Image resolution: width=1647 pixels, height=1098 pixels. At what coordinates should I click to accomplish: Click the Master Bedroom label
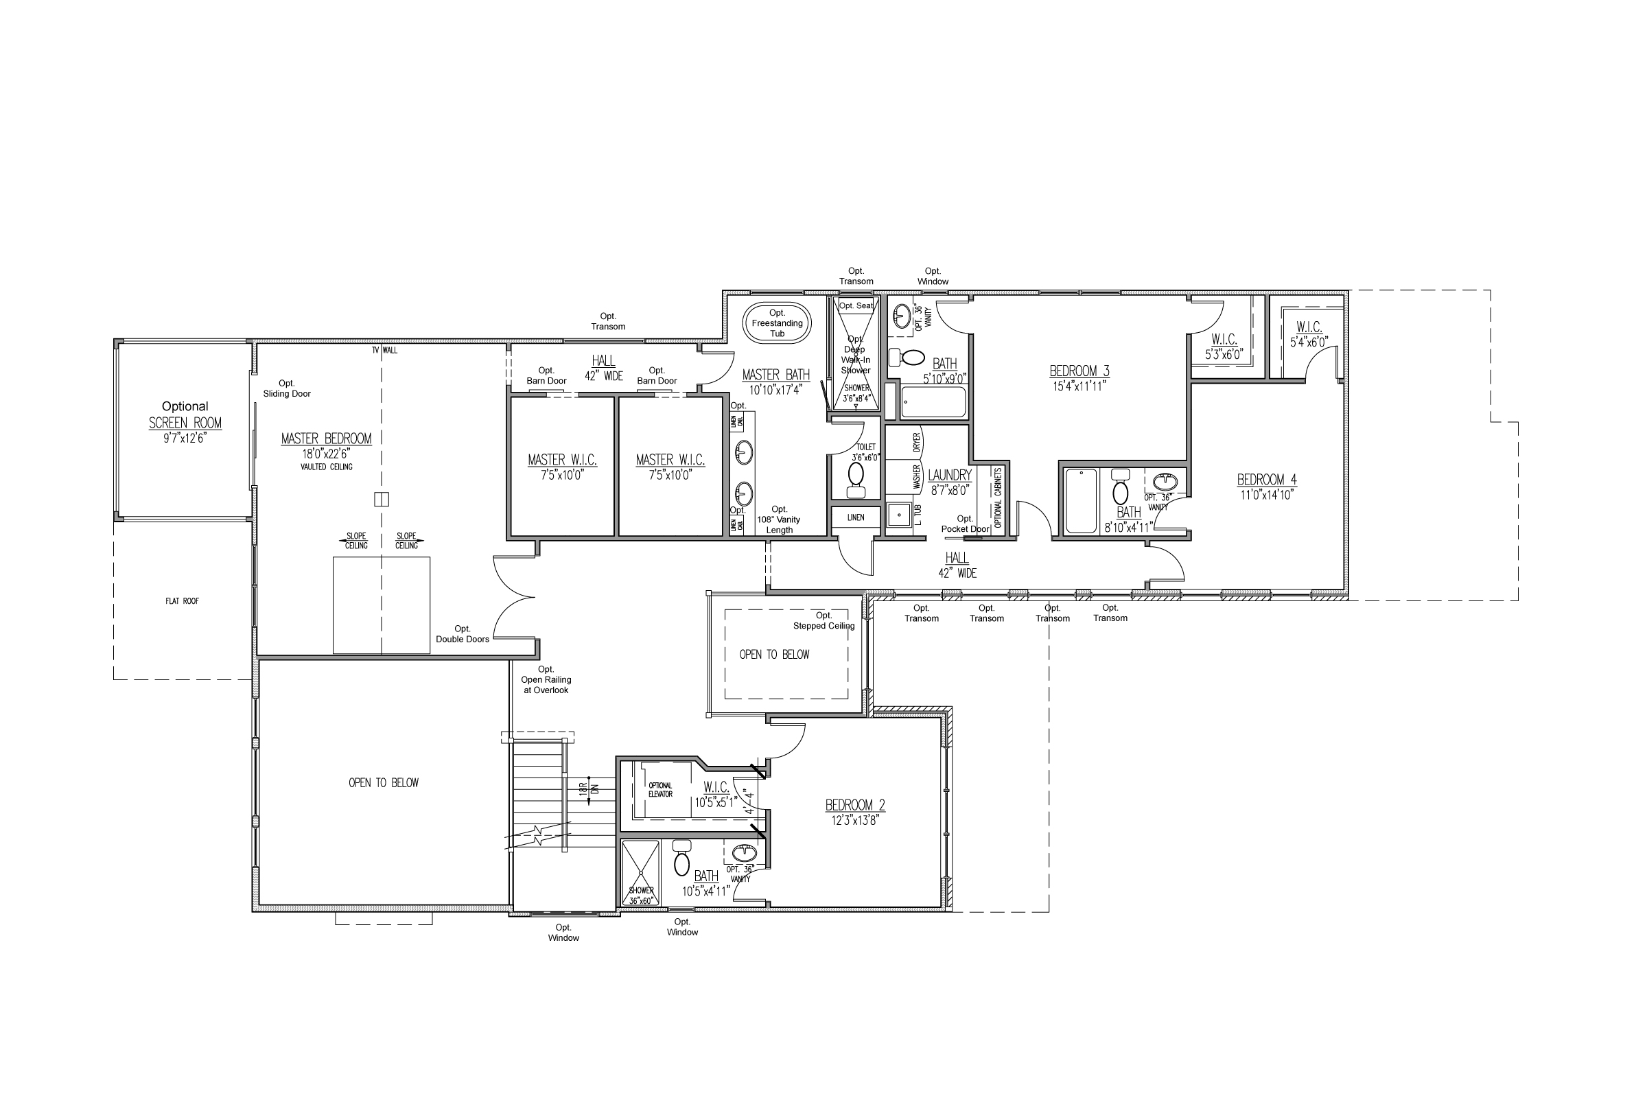[x=327, y=439]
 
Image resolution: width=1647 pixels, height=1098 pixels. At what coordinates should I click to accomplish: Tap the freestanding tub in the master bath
[x=777, y=323]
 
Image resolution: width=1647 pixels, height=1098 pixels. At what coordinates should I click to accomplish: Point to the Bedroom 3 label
[x=1079, y=371]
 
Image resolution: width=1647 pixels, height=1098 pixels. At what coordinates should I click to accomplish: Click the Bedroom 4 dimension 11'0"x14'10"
[x=1266, y=494]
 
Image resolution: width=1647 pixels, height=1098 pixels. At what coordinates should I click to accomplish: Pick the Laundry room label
[x=950, y=476]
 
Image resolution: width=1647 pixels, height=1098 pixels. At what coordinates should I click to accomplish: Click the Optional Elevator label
[x=659, y=790]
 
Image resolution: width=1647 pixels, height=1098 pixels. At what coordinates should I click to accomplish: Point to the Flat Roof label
[x=182, y=601]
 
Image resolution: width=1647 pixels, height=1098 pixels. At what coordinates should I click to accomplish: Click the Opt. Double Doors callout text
[x=462, y=633]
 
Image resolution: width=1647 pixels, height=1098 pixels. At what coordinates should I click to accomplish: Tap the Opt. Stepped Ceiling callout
[x=823, y=621]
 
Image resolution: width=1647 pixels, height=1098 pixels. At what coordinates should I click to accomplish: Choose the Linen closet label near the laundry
[x=856, y=517]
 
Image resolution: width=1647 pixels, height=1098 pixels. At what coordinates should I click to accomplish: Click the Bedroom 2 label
[x=855, y=805]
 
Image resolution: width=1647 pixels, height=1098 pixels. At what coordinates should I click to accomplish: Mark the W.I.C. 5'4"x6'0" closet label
[x=1309, y=335]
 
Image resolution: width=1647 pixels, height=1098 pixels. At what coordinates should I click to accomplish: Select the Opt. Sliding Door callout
[x=286, y=388]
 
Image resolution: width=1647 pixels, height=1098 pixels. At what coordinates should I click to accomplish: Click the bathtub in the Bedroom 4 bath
[x=1079, y=502]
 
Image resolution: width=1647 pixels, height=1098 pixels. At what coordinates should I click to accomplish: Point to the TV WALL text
[x=384, y=350]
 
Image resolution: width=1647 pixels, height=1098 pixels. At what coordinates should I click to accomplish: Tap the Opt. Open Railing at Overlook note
[x=546, y=680]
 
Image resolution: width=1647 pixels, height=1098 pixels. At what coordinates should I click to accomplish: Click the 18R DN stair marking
[x=587, y=788]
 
